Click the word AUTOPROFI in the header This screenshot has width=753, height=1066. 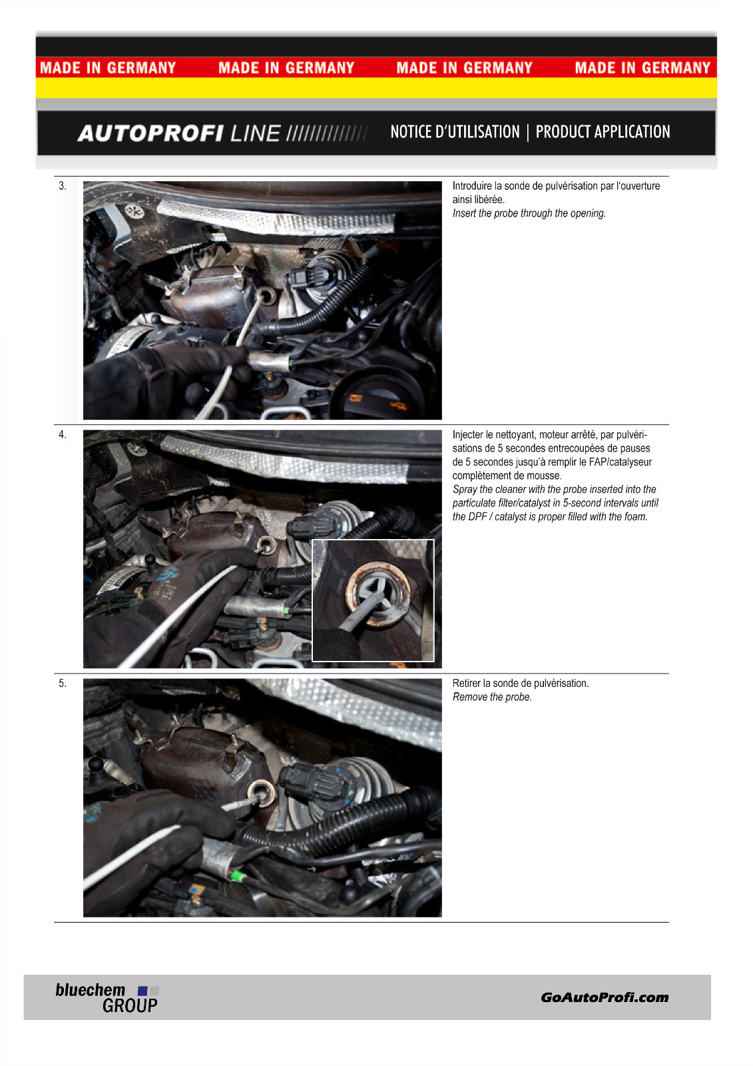[x=150, y=133]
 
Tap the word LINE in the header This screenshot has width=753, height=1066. [x=256, y=133]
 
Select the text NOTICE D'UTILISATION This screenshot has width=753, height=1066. [x=455, y=132]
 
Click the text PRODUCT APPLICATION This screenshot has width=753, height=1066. [x=603, y=132]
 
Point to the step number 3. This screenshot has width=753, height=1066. [x=63, y=186]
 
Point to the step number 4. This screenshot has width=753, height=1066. [x=63, y=434]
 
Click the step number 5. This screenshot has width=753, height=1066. [x=63, y=684]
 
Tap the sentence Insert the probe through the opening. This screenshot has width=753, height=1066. [x=529, y=213]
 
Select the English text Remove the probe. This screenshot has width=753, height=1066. [x=492, y=697]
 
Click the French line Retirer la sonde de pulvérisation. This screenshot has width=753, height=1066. [x=521, y=684]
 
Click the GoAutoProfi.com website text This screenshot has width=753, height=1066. [x=605, y=997]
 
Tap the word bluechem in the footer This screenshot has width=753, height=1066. [x=91, y=990]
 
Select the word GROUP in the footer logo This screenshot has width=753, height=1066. [x=130, y=1005]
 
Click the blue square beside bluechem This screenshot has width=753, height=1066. [x=142, y=991]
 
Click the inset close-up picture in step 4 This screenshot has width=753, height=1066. [x=373, y=600]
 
